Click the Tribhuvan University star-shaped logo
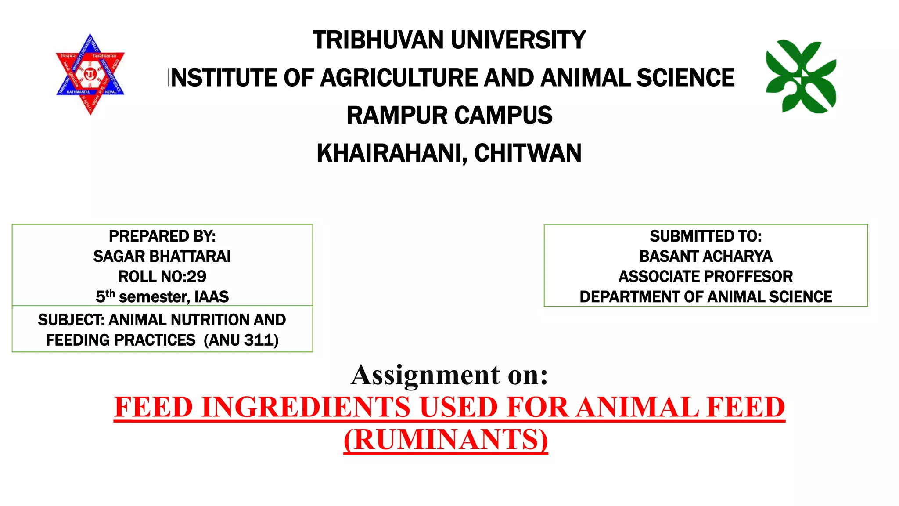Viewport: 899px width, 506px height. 90,74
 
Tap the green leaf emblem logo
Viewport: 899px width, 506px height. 801,77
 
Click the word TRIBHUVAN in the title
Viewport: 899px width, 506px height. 378,40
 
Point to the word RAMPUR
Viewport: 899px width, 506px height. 397,116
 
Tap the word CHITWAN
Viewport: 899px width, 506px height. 528,153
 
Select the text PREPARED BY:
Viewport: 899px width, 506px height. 162,236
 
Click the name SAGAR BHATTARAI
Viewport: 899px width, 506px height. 162,257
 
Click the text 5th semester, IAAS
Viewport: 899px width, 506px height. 162,297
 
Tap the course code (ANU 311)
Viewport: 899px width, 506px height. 241,340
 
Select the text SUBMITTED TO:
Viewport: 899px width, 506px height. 705,236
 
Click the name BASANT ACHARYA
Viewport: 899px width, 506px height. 705,257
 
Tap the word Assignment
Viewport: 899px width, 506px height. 425,376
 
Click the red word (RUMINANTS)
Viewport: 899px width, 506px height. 446,440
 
